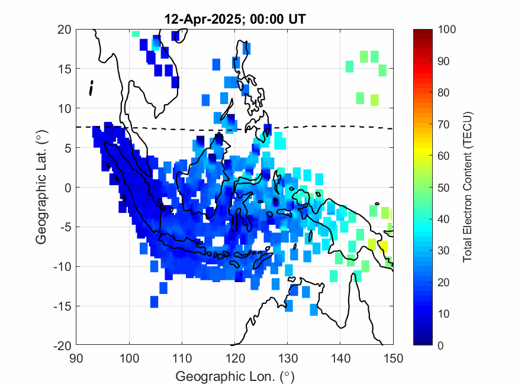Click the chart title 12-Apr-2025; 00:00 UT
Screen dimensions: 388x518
click(x=235, y=20)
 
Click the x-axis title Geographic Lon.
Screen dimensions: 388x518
click(x=235, y=377)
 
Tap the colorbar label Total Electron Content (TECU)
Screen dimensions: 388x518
click(x=467, y=187)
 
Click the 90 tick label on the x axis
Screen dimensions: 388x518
click(x=76, y=357)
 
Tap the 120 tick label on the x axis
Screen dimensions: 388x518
click(x=234, y=357)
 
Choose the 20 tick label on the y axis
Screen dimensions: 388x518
click(x=65, y=29)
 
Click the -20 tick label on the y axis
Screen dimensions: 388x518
click(x=62, y=345)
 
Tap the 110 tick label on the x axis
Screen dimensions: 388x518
click(x=182, y=357)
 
